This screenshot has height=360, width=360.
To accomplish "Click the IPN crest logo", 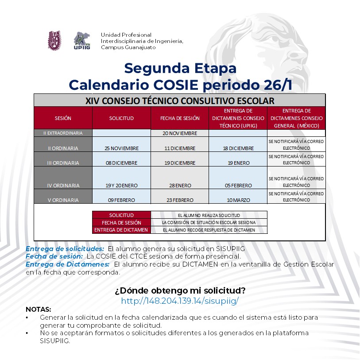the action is tap(55, 40).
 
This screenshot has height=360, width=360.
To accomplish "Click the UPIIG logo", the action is tap(82, 41).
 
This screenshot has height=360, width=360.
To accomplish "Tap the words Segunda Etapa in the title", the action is tap(180, 68).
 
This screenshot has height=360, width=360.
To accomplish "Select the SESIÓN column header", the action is tap(63, 118).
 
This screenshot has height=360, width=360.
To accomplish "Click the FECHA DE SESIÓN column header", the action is tap(180, 118).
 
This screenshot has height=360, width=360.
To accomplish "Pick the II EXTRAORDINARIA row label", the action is tap(63, 133).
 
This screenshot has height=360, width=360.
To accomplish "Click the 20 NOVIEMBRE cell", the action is tap(180, 133).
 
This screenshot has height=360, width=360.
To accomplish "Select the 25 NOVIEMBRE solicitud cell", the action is tap(122, 148).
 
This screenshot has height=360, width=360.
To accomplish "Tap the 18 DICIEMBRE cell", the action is tap(238, 148).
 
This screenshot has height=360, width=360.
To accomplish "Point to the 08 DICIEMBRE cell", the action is tap(122, 163).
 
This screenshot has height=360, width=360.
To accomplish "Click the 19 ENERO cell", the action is tap(238, 163).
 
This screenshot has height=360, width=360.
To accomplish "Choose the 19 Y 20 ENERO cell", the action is tap(122, 186).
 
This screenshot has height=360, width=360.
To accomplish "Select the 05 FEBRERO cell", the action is tap(238, 186).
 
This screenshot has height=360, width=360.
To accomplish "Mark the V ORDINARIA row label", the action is tap(63, 200).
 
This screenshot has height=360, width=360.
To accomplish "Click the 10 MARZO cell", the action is tap(238, 200).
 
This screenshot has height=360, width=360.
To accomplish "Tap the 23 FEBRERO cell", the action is tap(180, 200).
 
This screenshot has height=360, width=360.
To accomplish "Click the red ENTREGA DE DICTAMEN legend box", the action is tap(121, 230).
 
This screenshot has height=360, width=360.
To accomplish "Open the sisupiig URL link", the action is tap(180, 301).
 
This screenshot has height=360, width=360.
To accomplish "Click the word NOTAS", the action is tap(38, 309).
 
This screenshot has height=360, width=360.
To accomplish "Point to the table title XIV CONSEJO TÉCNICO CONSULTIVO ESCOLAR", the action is tap(180, 101).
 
